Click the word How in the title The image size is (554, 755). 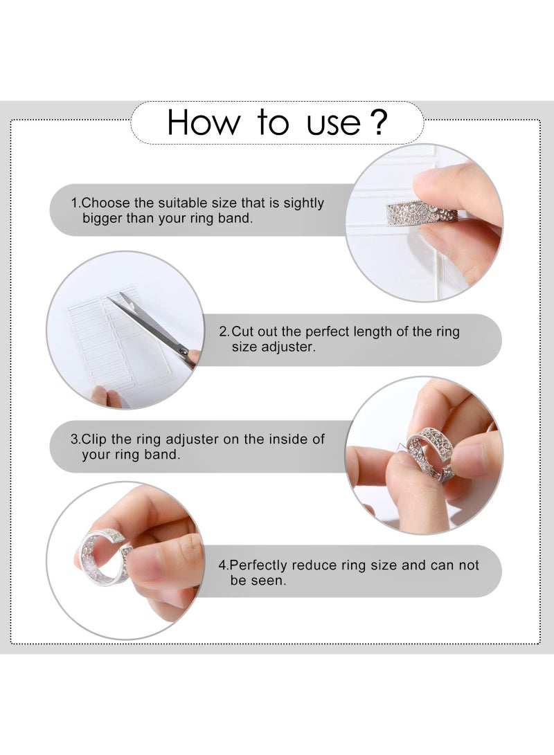click(x=204, y=122)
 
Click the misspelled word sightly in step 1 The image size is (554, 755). click(x=302, y=203)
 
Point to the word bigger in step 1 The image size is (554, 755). click(x=102, y=219)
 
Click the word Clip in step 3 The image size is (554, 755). click(x=96, y=439)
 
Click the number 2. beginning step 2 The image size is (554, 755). click(x=224, y=332)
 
